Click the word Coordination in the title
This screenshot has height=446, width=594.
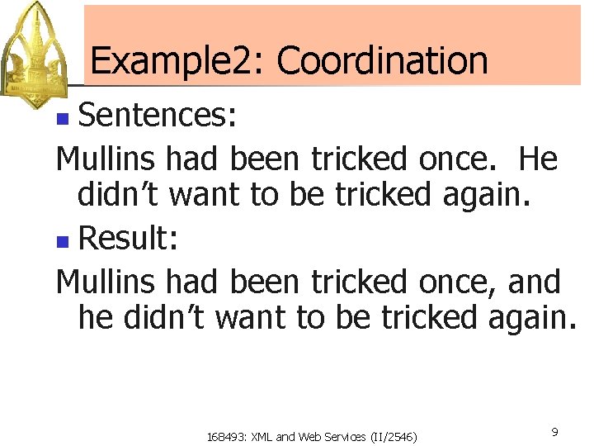tap(383, 60)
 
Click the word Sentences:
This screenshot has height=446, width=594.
tap(158, 116)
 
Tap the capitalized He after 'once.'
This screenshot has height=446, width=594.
tap(539, 159)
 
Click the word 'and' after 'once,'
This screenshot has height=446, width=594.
tap(534, 282)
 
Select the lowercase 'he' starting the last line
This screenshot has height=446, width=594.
tap(96, 318)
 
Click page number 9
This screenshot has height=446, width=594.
tap(554, 432)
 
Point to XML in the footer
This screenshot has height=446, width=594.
tap(259, 436)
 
